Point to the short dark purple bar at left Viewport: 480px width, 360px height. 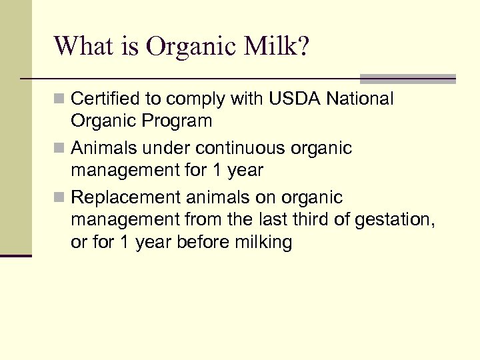15,255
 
